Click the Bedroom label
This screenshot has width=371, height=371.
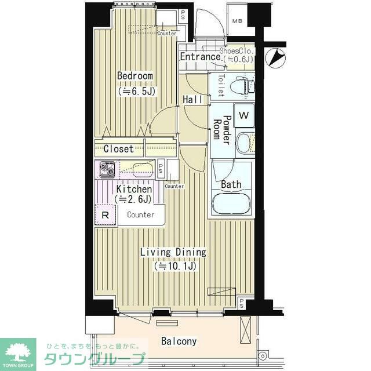point(134,76)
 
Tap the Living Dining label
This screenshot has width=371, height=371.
point(173,252)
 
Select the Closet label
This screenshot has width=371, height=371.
point(118,149)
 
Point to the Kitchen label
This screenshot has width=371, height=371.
point(134,189)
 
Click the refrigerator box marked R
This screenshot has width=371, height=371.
point(105,214)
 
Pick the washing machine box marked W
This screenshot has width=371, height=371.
point(244,115)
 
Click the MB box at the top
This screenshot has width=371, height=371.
point(238,22)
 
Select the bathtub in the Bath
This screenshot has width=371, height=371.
point(231,203)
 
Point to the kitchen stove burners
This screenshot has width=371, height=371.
point(107,169)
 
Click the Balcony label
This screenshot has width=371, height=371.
point(179,341)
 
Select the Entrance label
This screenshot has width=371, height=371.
point(199,57)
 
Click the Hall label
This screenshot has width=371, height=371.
point(192,100)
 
